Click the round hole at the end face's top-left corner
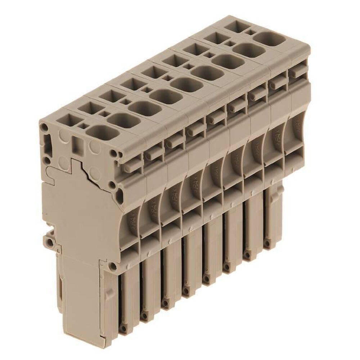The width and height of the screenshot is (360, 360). click(44, 127)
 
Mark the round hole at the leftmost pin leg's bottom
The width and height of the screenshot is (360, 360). click(123, 328)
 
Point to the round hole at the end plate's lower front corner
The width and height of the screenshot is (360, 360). click(113, 267)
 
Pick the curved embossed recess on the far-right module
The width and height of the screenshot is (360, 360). click(296, 133)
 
